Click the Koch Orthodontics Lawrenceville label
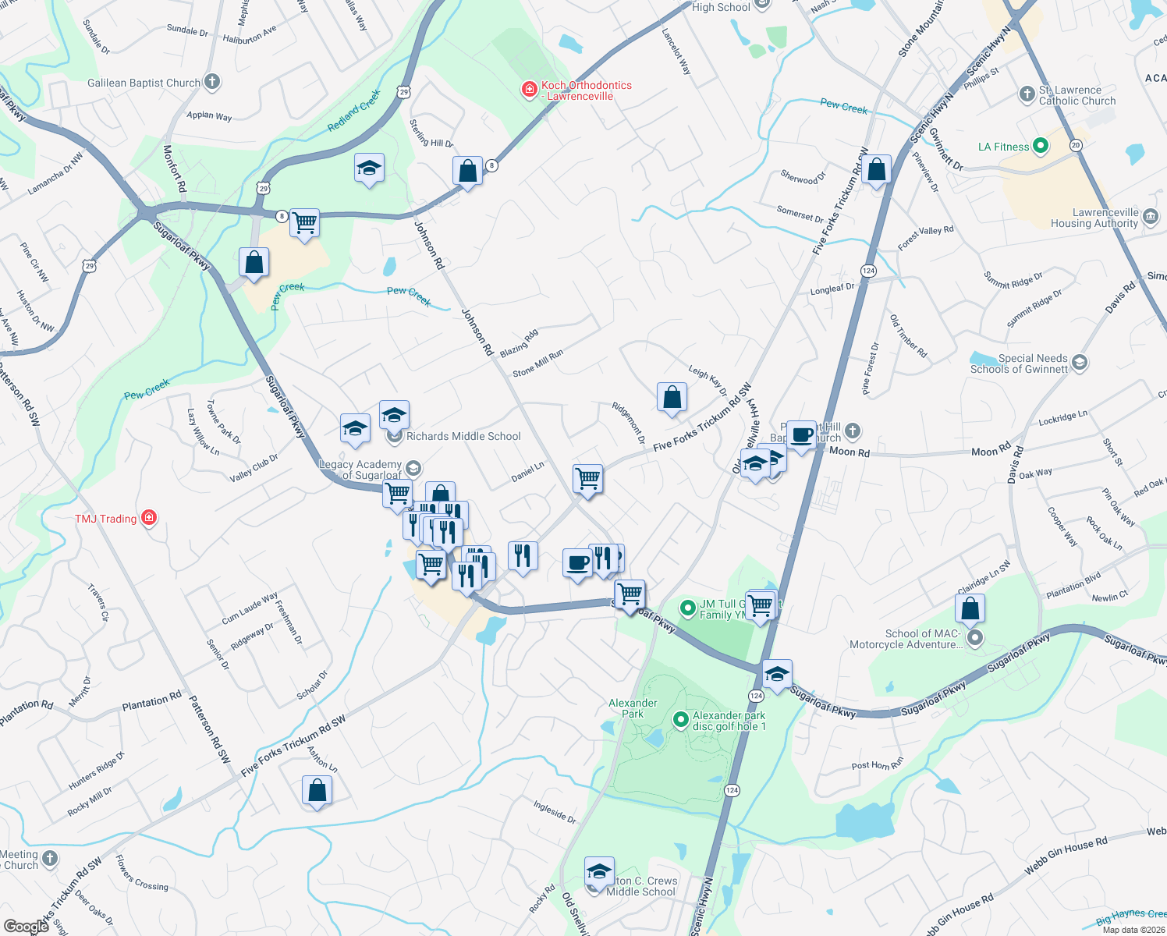[x=586, y=90]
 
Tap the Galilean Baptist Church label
[x=144, y=83]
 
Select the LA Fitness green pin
[x=1040, y=146]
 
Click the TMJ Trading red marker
[x=149, y=518]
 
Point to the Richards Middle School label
[x=463, y=437]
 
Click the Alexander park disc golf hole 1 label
[x=729, y=721]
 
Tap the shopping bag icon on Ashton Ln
[x=317, y=790]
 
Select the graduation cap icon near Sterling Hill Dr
[x=369, y=168]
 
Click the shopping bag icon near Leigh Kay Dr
[x=672, y=398]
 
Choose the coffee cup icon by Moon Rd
[x=802, y=434]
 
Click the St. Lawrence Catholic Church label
[x=1077, y=95]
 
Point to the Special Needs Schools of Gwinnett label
[x=1019, y=364]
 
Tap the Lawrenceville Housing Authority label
[x=1094, y=218]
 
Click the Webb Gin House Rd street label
[x=1066, y=855]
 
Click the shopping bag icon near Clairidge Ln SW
[x=970, y=608]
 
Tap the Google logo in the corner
[x=26, y=927]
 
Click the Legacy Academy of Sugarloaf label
[x=361, y=470]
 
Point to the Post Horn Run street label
[x=877, y=764]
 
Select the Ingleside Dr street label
[x=555, y=812]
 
